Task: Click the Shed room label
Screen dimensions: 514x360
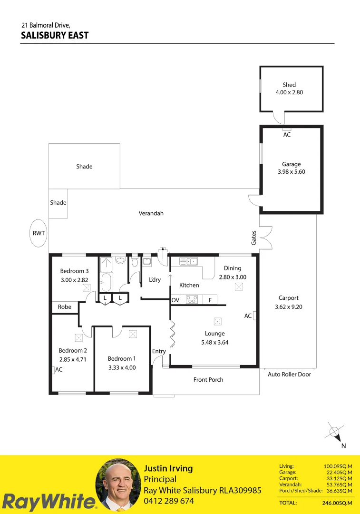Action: coord(289,85)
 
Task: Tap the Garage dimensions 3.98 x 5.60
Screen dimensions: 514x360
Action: coord(291,172)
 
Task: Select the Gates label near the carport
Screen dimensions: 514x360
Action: coord(254,237)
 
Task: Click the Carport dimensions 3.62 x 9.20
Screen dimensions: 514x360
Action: coord(289,307)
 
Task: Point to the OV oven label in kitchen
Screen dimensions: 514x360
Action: coord(175,300)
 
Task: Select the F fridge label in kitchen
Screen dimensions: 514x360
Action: coord(210,300)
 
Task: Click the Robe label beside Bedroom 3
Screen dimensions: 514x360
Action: coord(64,307)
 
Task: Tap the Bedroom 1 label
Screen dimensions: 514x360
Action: coord(122,359)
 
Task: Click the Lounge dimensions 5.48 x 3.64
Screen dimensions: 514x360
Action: coord(215,342)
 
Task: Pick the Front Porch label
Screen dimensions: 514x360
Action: coord(208,380)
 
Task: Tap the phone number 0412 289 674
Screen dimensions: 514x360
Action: coord(169,501)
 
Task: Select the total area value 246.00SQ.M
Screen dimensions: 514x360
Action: coord(337,503)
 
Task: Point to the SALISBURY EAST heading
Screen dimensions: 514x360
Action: coord(55,35)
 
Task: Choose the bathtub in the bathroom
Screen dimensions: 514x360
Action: coord(105,282)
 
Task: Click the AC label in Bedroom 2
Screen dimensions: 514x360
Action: coord(59,369)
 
